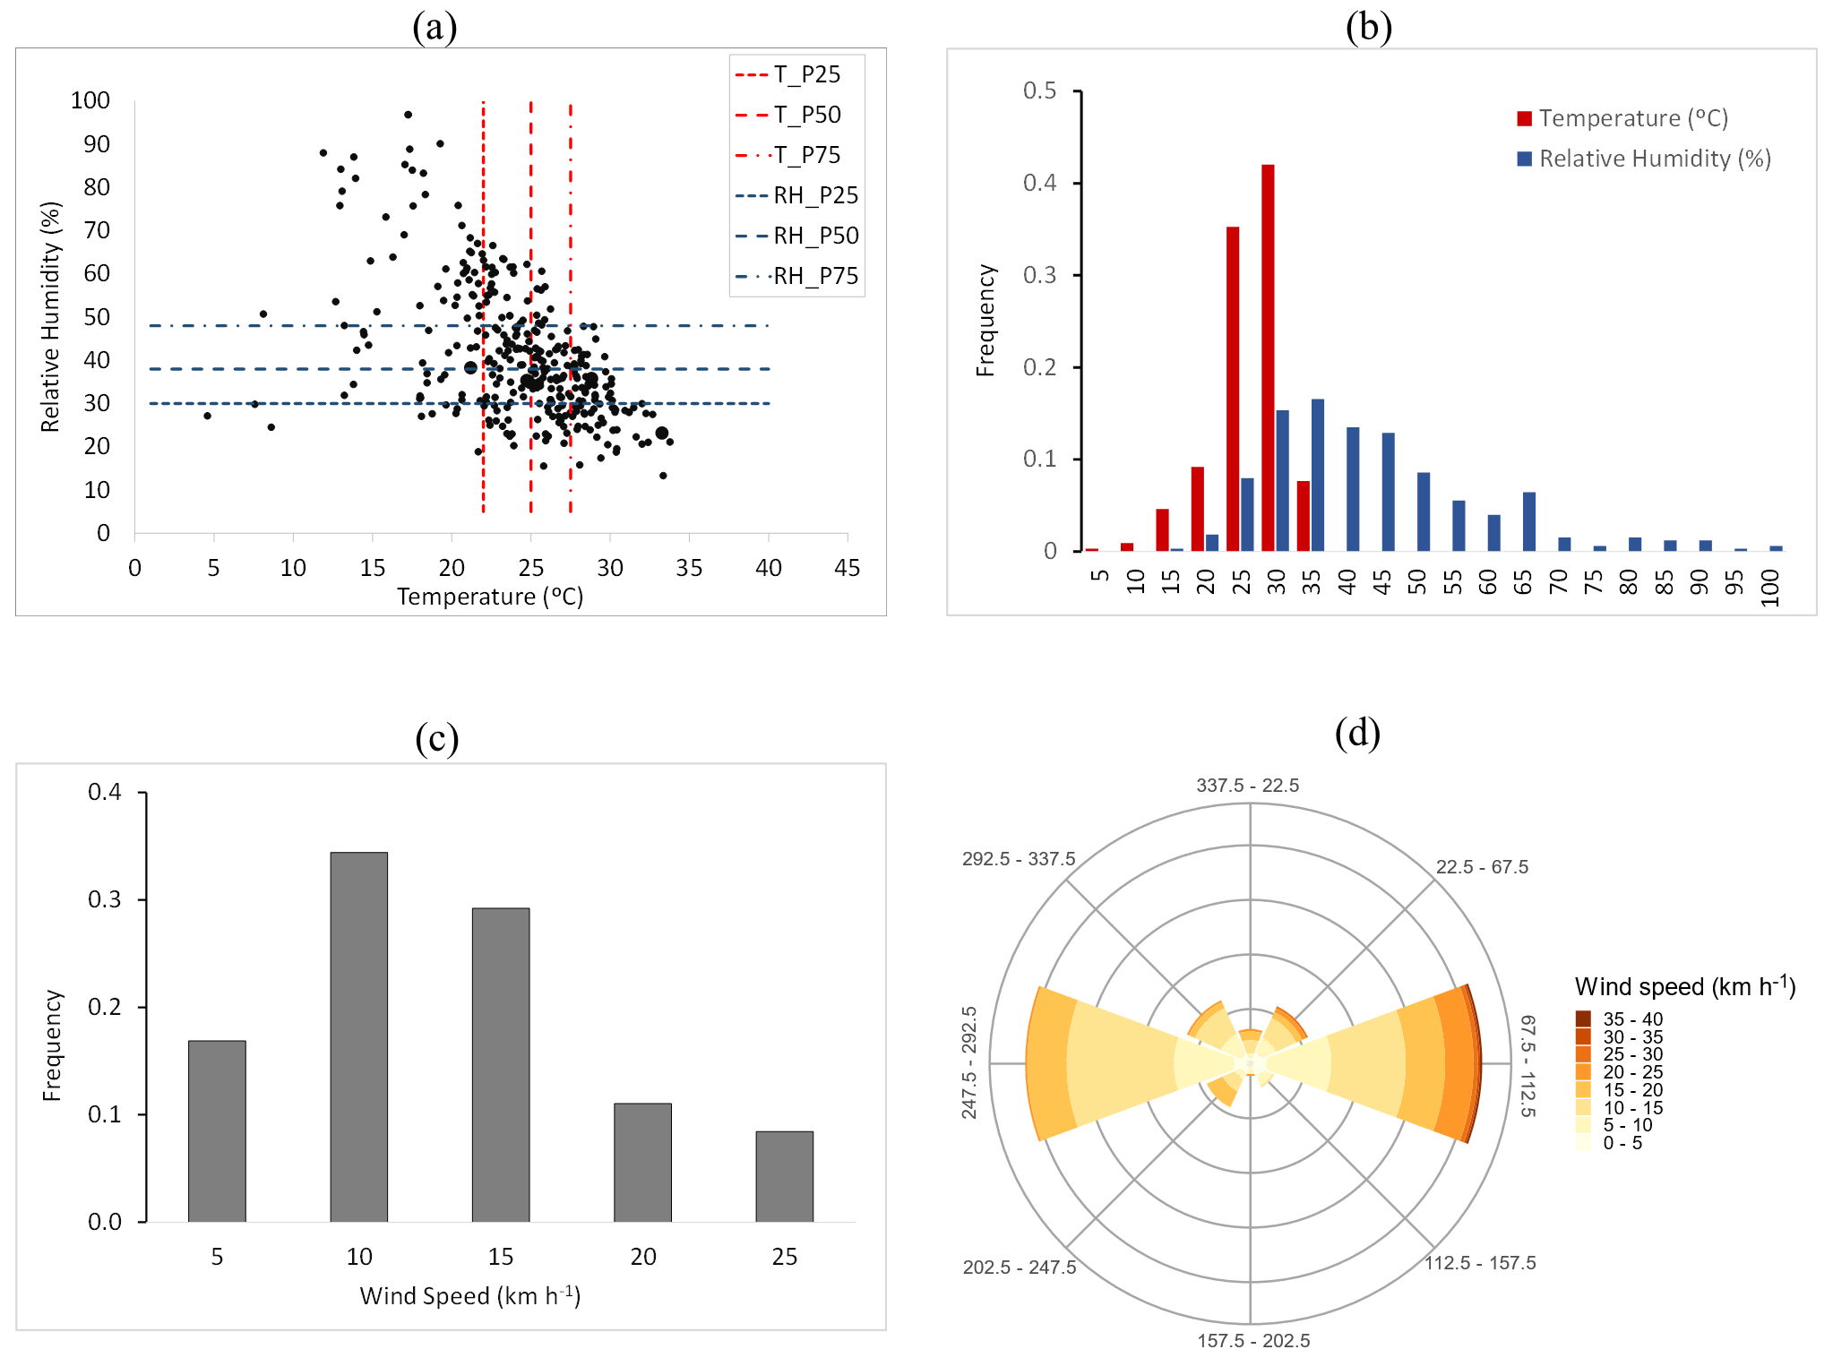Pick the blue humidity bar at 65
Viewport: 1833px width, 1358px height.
(1528, 521)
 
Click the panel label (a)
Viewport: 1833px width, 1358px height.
(435, 27)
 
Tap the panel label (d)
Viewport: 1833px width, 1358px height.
(1356, 733)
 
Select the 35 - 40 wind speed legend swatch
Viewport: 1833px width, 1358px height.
(1583, 1018)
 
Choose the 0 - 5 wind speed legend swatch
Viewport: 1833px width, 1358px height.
(1583, 1142)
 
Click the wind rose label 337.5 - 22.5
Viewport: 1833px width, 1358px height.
(1247, 786)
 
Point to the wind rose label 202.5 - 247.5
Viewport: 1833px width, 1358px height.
(1019, 1267)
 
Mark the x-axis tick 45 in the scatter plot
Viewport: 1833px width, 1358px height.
(847, 568)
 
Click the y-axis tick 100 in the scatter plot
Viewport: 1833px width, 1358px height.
(90, 100)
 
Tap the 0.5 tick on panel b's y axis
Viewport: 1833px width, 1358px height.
(1039, 90)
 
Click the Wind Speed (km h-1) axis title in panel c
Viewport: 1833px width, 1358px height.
(470, 1295)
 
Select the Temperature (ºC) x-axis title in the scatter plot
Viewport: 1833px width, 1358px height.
(490, 597)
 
